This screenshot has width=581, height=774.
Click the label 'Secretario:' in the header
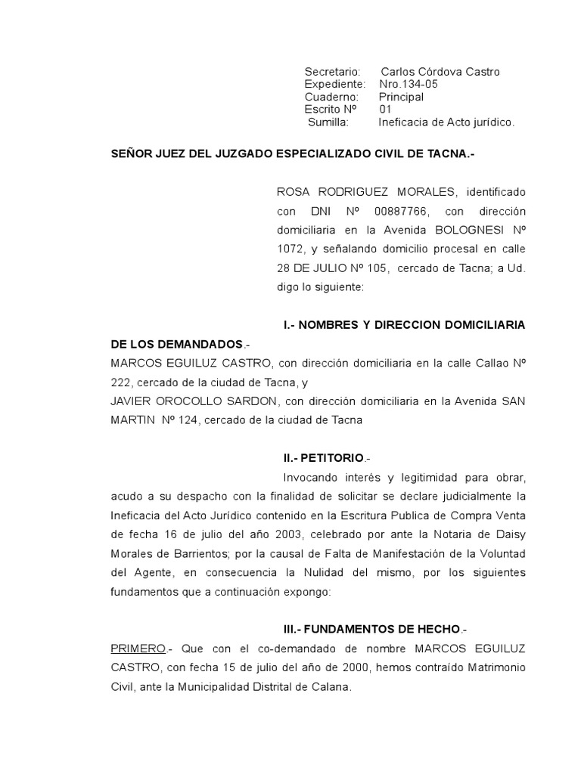(332, 72)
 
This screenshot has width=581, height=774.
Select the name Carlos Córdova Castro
(440, 72)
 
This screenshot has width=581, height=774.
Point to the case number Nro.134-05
(409, 84)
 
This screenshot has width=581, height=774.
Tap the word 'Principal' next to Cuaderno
(401, 97)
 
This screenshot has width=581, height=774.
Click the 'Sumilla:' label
(328, 122)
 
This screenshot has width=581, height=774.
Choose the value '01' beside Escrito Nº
(386, 109)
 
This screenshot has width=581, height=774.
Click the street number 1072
(290, 249)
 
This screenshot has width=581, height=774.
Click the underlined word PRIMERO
(138, 649)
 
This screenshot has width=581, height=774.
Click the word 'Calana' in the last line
(332, 687)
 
